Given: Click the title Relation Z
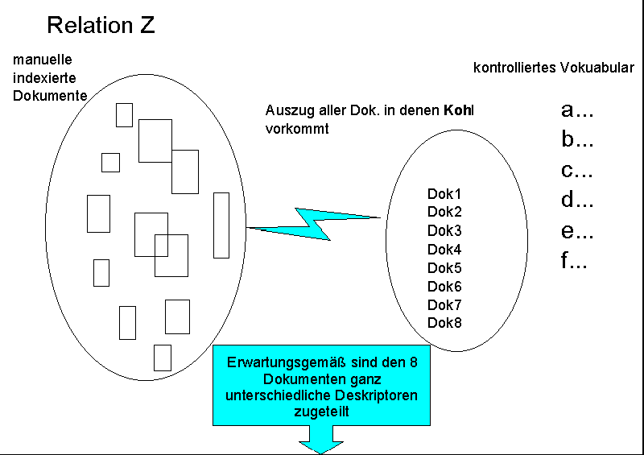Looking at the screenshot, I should (x=101, y=25).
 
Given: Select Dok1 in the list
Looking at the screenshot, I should (x=444, y=194).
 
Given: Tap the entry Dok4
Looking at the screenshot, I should (x=444, y=250).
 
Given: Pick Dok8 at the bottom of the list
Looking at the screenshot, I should (x=444, y=323).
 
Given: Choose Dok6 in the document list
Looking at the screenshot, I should (x=444, y=287).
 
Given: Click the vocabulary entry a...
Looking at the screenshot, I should (x=576, y=110).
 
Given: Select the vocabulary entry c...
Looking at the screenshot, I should (x=576, y=171).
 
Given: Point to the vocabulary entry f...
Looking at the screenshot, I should (x=573, y=262).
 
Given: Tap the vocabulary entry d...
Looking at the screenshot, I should (x=576, y=201).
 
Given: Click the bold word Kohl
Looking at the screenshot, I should (x=459, y=110).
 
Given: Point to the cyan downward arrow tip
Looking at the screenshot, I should (x=321, y=446).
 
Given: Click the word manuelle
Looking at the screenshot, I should (x=43, y=60).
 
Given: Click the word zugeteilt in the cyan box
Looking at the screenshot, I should (x=320, y=412).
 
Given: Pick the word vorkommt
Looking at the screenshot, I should (x=296, y=128).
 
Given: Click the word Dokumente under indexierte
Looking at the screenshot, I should (x=49, y=95).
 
